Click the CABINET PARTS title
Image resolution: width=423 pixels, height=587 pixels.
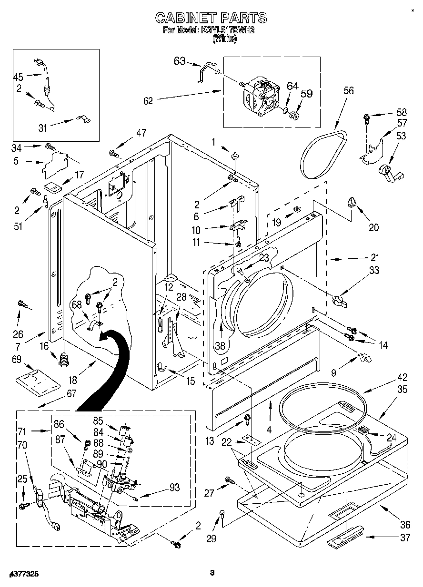[211, 18]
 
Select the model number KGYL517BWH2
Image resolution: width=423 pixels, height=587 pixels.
[225, 31]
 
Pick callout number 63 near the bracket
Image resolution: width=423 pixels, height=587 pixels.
[179, 60]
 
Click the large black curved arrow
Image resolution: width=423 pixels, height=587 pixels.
[106, 366]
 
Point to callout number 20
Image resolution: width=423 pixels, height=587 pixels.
[373, 227]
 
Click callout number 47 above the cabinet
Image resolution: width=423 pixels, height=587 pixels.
[141, 133]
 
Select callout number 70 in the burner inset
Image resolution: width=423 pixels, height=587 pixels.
[21, 446]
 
